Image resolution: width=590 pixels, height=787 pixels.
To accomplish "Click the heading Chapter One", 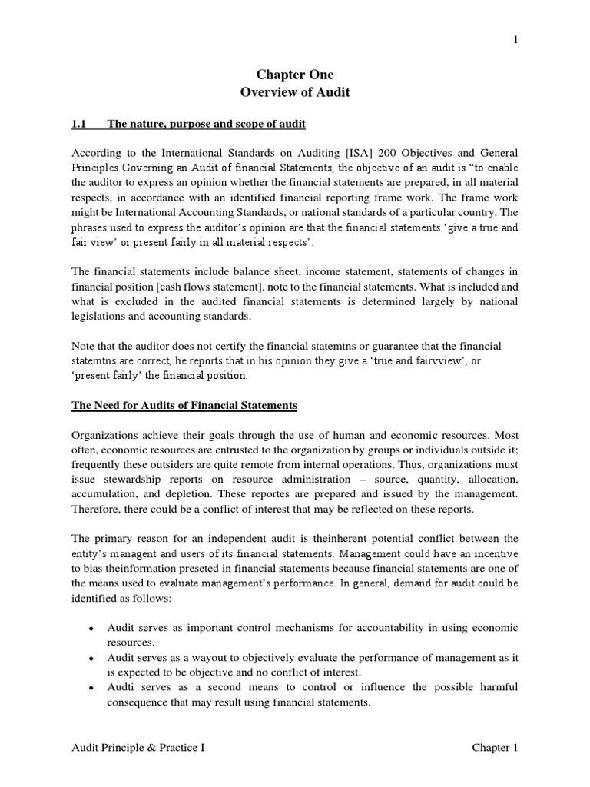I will pos(294,75).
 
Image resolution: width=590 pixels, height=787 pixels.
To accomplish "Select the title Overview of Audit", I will pos(294,92).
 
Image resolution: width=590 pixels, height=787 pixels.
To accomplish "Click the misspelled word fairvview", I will pos(441,361).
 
